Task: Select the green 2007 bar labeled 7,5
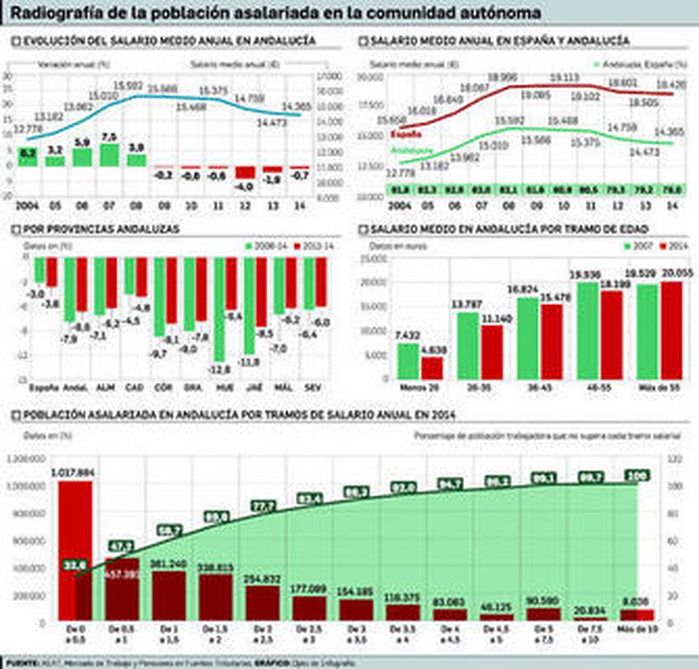click(109, 155)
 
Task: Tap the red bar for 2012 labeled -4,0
click(245, 172)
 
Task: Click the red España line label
click(406, 134)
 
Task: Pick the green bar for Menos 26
click(408, 361)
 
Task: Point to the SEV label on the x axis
click(313, 387)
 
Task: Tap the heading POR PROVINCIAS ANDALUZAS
click(101, 229)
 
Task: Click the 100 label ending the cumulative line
click(637, 475)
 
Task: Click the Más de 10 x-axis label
click(637, 629)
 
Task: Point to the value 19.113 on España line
click(564, 78)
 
